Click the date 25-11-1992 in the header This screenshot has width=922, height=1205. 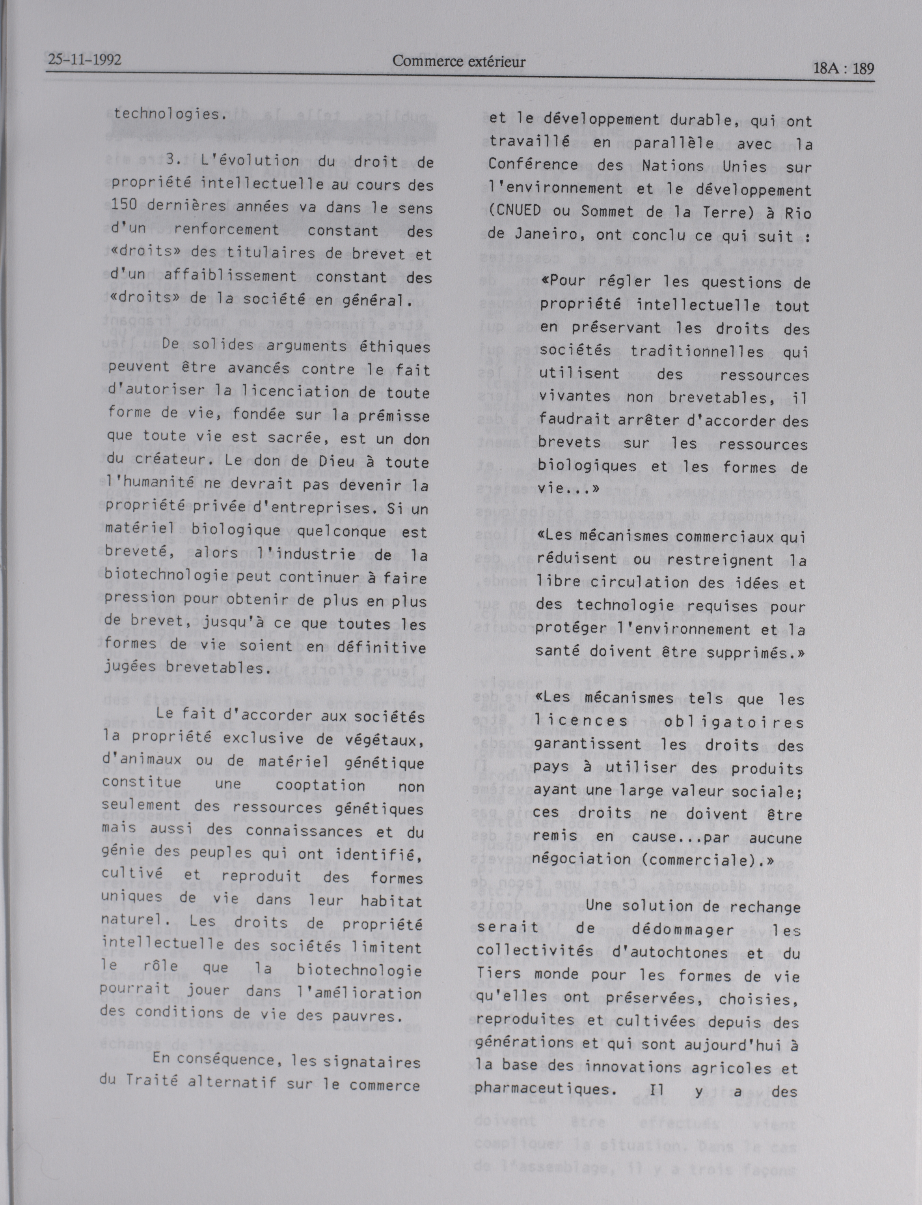click(84, 60)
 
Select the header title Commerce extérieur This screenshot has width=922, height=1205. click(458, 62)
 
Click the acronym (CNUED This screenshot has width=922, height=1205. click(515, 212)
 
